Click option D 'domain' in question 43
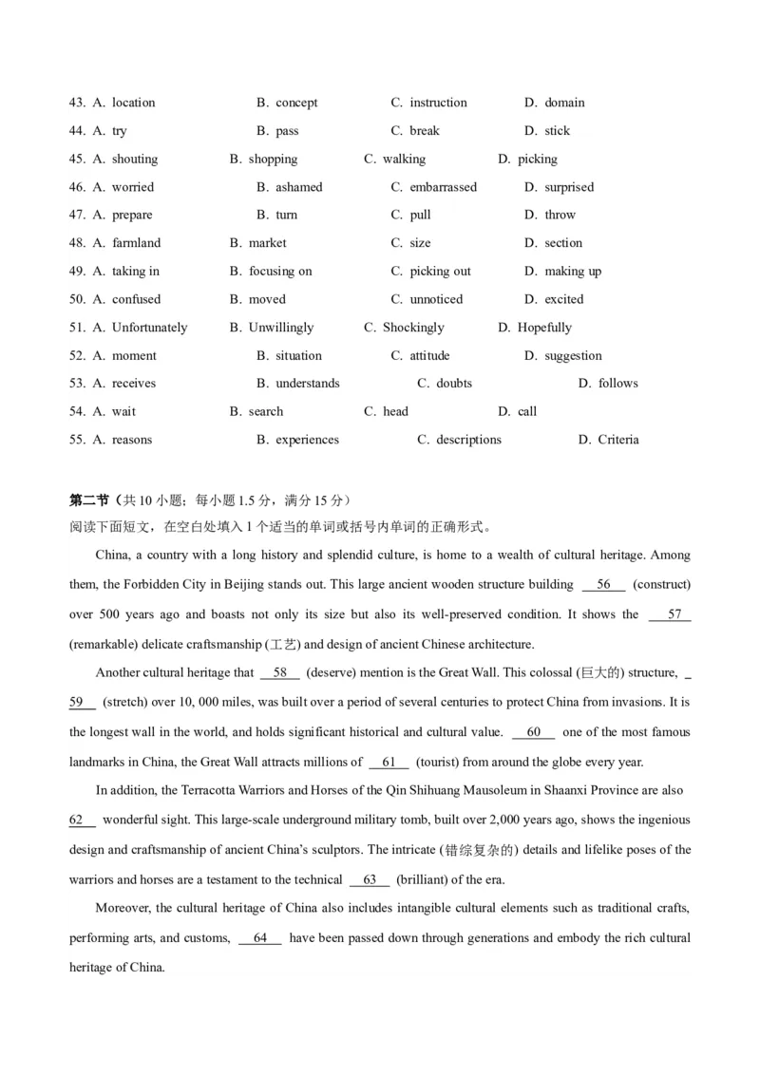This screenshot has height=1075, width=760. (x=564, y=103)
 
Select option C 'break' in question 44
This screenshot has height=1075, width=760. (x=424, y=131)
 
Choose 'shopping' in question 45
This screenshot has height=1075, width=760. (x=273, y=160)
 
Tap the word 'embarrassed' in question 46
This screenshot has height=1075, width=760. (x=443, y=187)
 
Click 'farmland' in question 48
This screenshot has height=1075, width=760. (x=136, y=243)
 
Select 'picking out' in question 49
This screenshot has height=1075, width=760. (x=440, y=272)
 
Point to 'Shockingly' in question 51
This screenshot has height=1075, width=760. (x=413, y=328)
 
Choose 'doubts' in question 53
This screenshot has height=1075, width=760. (x=454, y=384)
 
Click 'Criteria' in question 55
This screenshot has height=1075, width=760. (x=618, y=440)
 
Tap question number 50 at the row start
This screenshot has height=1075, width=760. (x=78, y=299)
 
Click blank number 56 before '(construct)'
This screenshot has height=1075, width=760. (x=603, y=585)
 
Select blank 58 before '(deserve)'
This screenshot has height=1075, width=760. (x=279, y=673)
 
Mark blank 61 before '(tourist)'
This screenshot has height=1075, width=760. (x=389, y=762)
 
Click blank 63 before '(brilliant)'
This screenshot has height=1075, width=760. (x=370, y=879)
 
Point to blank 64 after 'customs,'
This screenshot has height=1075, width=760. (x=260, y=938)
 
